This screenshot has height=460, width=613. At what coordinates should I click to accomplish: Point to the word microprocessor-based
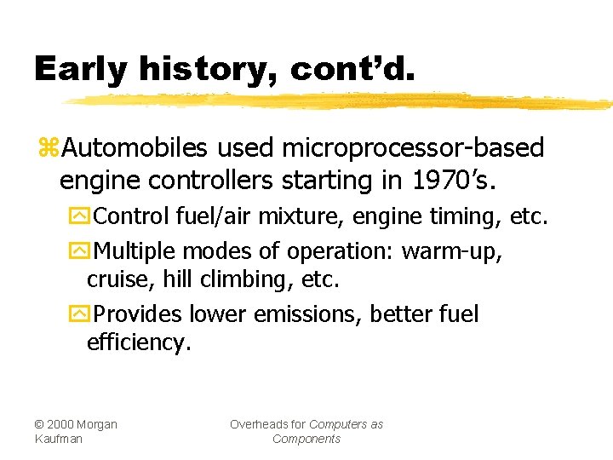click(413, 148)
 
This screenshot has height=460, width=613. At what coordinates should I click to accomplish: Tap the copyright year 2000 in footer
click(62, 424)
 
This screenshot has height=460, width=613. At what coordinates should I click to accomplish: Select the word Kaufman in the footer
click(59, 439)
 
